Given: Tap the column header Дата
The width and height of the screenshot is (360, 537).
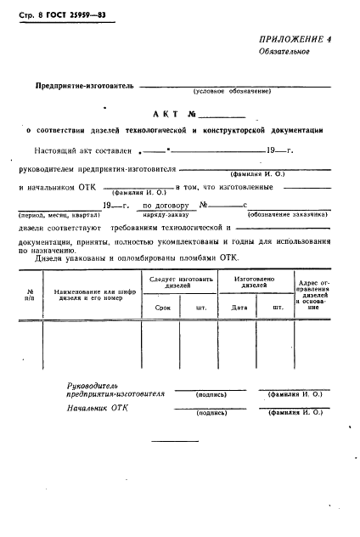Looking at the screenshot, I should coord(239,308).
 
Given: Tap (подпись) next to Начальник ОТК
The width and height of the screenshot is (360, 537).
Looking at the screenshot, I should coord(209,412).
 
